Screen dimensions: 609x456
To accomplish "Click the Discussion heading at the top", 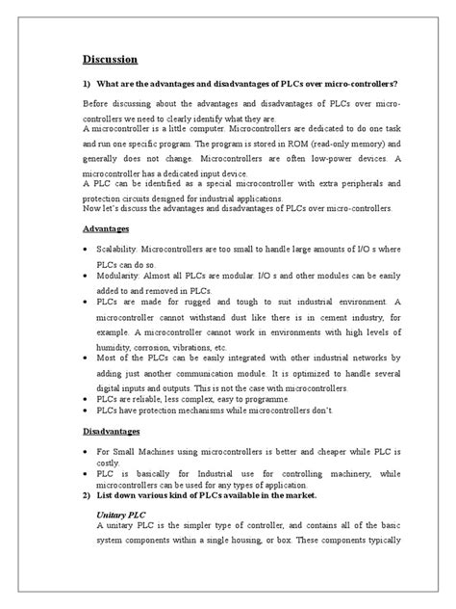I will pos(110,59).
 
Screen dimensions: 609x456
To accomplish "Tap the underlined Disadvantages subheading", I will pos(112,432).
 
